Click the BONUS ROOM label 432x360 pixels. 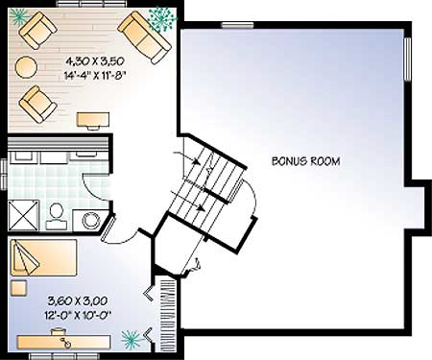pyautogui.click(x=305, y=161)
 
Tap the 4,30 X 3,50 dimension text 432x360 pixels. pyautogui.click(x=95, y=60)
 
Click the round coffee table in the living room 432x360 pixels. pyautogui.click(x=27, y=67)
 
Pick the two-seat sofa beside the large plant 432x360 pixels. pyautogui.click(x=144, y=37)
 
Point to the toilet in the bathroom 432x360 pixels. pyautogui.click(x=57, y=216)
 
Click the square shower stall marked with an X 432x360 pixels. pyautogui.click(x=23, y=215)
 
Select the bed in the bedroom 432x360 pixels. pyautogui.click(x=43, y=257)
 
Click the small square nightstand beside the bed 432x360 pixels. pyautogui.click(x=19, y=288)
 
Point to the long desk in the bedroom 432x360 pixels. pyautogui.click(x=63, y=342)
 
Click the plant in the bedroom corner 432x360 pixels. pyautogui.click(x=132, y=340)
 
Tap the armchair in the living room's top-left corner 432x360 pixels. pyautogui.click(x=37, y=31)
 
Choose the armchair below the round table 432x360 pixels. pyautogui.click(x=37, y=104)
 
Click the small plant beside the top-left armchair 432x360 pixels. pyautogui.click(x=18, y=15)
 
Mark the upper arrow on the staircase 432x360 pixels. pyautogui.click(x=187, y=157)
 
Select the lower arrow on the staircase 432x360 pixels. pyautogui.click(x=188, y=201)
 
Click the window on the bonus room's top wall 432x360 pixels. pyautogui.click(x=238, y=25)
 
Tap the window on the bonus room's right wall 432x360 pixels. pyautogui.click(x=408, y=60)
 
